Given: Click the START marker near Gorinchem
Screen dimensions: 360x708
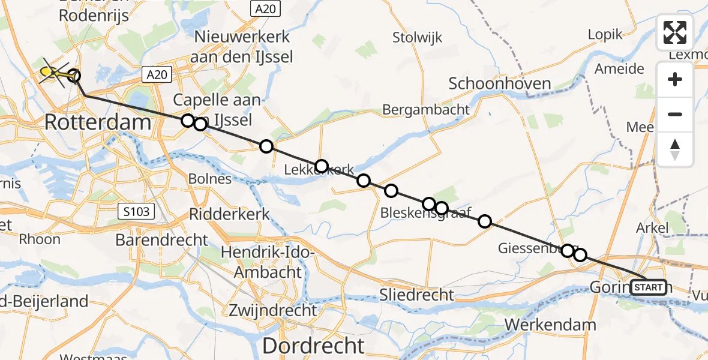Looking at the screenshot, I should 649,288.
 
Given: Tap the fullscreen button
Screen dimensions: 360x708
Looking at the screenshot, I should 675,32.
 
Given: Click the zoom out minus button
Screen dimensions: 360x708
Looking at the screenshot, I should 675,114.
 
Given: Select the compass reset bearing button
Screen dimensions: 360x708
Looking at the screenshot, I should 675,149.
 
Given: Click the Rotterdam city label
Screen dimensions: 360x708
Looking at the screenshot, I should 98,124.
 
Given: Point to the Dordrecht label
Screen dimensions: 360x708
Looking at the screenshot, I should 313,346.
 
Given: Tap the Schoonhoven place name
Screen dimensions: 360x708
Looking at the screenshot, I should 491,83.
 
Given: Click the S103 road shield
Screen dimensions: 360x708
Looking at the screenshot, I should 137,211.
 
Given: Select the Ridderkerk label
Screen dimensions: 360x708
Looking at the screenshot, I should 229,214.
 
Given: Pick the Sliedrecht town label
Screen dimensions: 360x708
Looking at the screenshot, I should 416,295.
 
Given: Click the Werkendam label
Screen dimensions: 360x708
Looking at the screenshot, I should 551,325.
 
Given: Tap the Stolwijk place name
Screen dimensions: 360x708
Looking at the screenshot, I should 417,37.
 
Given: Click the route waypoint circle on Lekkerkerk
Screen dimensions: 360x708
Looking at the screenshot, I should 322,166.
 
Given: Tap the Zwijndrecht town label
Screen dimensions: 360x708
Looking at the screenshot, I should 272,310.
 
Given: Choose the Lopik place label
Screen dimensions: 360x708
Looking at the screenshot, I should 605,34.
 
